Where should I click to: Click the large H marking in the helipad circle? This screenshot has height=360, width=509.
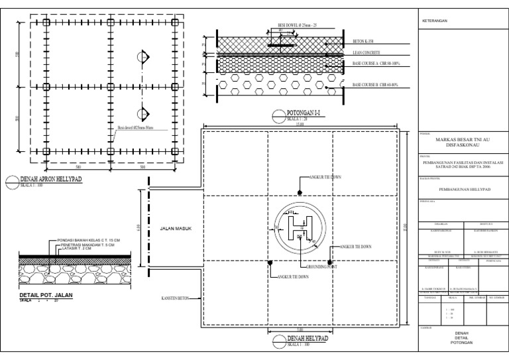coord(300,229)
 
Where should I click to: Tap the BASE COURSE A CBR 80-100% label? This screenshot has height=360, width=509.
coord(376,64)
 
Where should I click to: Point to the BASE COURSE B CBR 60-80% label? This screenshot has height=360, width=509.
coord(376,86)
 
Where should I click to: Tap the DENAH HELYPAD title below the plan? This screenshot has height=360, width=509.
coord(308,339)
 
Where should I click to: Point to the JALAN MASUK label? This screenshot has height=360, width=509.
coord(175,229)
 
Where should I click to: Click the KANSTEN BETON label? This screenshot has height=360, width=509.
coord(175,298)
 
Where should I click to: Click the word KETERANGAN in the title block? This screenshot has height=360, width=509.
coord(435,21)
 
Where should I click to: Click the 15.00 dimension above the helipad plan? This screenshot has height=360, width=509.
coord(300,123)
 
